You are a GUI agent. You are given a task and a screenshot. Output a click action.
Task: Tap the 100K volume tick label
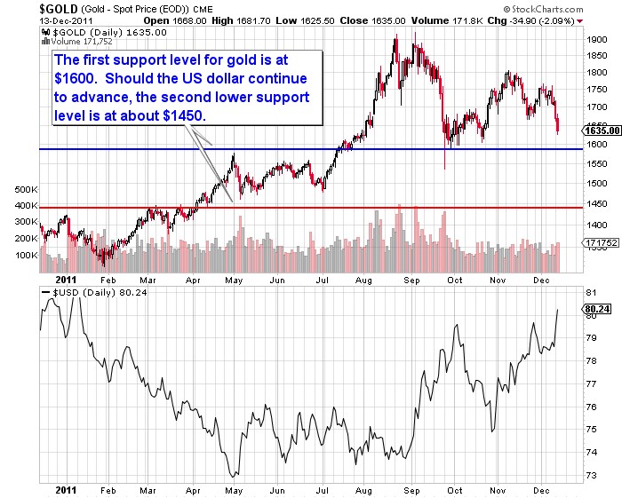(x=22, y=256)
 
